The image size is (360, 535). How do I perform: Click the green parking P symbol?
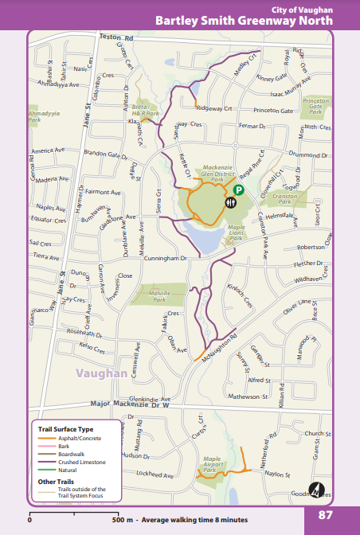click(x=238, y=190)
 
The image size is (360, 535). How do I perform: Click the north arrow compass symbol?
click(x=316, y=490)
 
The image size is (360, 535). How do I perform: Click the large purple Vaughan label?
click(x=102, y=373)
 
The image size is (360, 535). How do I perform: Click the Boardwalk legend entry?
click(x=70, y=453)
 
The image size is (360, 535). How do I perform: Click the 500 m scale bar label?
click(x=122, y=520)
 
